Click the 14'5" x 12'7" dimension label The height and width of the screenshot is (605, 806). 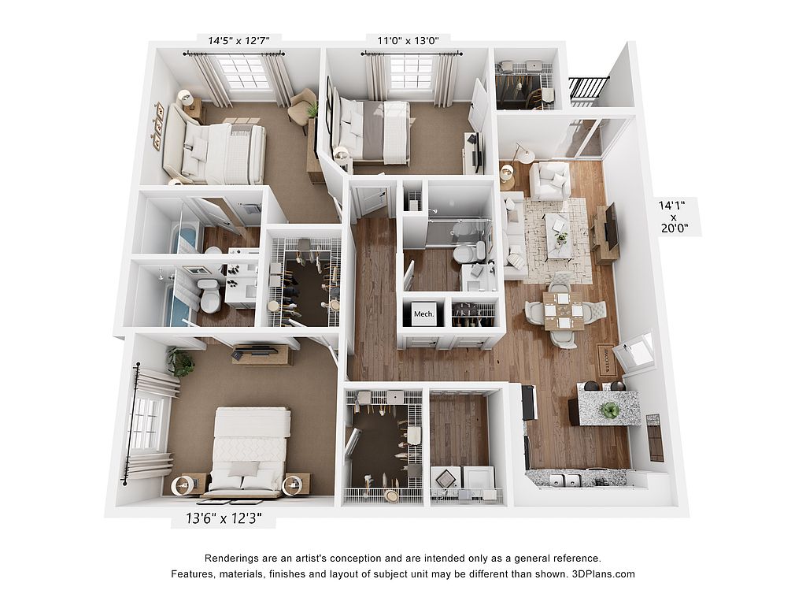point(238,40)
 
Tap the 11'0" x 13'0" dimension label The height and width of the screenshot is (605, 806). point(409,40)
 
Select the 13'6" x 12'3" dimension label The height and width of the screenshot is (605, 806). point(224,518)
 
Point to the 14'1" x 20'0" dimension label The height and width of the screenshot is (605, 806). point(674,217)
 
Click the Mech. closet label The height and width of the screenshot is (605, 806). point(424,314)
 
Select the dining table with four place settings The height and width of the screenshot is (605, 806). point(564,310)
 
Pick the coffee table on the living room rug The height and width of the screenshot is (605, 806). point(560,235)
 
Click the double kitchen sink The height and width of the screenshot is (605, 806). point(565,480)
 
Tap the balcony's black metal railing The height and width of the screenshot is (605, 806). point(588,91)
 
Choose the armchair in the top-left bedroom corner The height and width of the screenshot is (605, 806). point(302,106)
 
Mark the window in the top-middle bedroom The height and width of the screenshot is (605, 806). point(410,73)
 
